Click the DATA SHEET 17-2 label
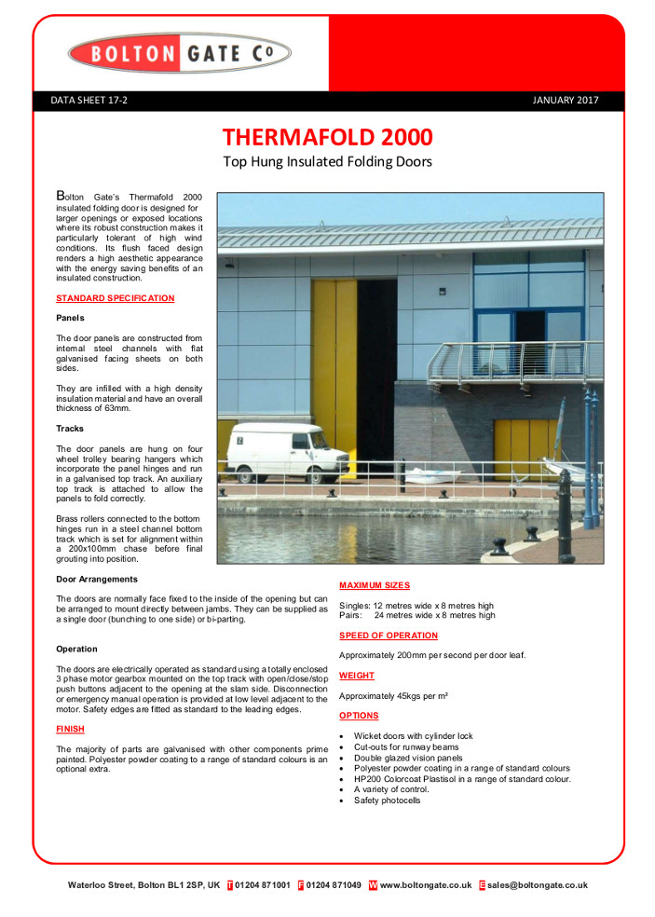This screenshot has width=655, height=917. pyautogui.click(x=89, y=101)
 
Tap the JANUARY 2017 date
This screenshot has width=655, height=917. pyautogui.click(x=566, y=101)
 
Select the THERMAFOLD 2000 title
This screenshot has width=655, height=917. pyautogui.click(x=327, y=137)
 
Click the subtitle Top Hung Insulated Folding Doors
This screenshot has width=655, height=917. pyautogui.click(x=327, y=162)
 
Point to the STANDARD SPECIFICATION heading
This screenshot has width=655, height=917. pyautogui.click(x=115, y=298)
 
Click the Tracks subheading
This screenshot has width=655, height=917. pyautogui.click(x=70, y=429)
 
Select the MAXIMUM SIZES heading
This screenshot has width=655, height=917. pyautogui.click(x=374, y=585)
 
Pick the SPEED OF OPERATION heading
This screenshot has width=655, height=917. pyautogui.click(x=388, y=636)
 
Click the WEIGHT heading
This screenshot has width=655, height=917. pyautogui.click(x=357, y=675)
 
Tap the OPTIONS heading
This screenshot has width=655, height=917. pyautogui.click(x=359, y=716)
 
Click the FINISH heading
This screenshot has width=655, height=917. pyautogui.click(x=71, y=729)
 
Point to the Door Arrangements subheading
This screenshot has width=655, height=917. pyautogui.click(x=97, y=580)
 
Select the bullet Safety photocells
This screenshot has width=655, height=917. pyautogui.click(x=387, y=801)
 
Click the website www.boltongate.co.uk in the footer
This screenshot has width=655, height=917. pyautogui.click(x=426, y=885)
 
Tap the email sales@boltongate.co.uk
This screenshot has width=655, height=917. pyautogui.click(x=537, y=885)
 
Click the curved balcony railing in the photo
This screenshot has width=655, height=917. pyautogui.click(x=508, y=361)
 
